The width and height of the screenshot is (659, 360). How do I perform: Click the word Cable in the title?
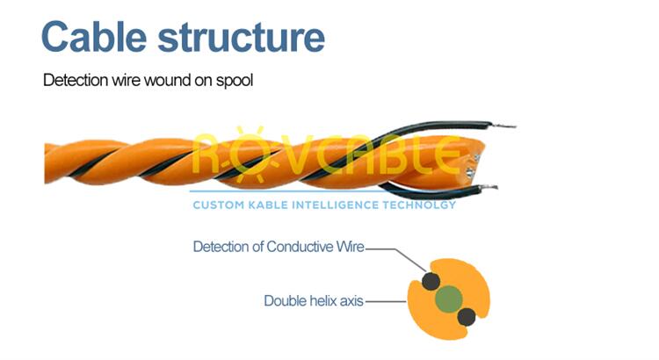coord(94,37)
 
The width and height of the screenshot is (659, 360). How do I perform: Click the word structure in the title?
coord(242,38)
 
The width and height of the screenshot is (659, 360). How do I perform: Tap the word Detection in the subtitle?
coord(76,80)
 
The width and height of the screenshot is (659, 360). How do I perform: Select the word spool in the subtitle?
coord(235,81)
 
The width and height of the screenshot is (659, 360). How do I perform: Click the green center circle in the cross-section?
coord(449,299)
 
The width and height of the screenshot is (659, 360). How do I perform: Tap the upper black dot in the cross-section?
coord(431,281)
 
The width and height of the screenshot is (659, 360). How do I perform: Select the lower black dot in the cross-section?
coord(467,317)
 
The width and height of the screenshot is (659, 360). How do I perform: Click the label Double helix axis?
coord(314,301)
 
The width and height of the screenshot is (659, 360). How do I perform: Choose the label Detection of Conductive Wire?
coord(279,247)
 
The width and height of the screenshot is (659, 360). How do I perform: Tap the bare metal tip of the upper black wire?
coord(504,126)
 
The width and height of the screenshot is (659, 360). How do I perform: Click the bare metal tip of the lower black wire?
coord(489,187)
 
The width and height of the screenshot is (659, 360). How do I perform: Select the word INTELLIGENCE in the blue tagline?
coord(335,205)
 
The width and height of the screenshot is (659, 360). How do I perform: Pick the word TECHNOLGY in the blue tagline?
coord(419,205)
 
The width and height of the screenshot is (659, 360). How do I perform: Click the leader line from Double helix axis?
coord(387,301)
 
